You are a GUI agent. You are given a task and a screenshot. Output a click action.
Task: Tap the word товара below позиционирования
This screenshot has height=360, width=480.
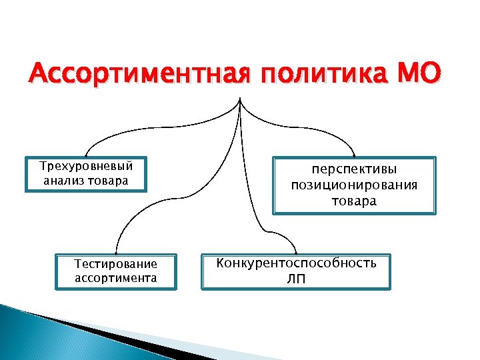tap(354, 200)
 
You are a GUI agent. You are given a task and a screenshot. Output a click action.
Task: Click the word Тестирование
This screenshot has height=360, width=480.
tap(116, 265)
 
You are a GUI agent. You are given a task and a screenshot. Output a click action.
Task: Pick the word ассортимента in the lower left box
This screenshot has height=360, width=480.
tap(116, 277)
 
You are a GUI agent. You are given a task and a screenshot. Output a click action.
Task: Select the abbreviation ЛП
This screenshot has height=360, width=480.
tap(296, 278)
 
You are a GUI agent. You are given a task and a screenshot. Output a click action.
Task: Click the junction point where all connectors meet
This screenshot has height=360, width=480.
tap(239, 100)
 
